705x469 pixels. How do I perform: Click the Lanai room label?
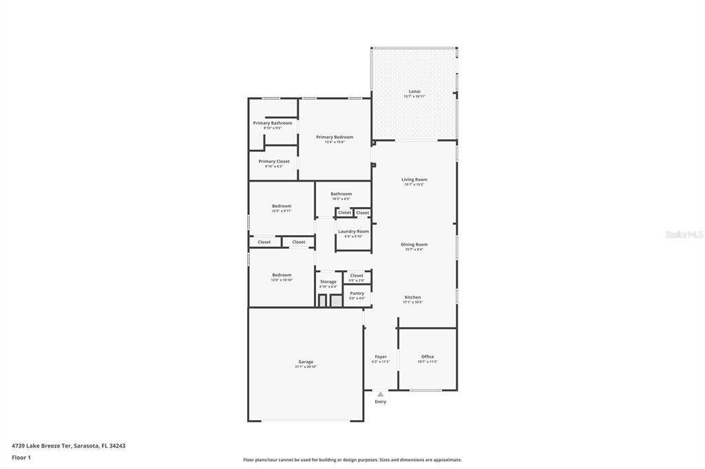point(414,91)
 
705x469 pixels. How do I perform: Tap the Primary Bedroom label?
point(335,137)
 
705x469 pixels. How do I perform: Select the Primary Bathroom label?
point(273,123)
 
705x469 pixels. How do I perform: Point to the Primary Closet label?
point(274,161)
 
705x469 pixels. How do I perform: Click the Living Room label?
point(414,179)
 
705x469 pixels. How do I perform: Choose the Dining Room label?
point(414,244)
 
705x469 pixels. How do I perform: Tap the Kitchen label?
point(412,297)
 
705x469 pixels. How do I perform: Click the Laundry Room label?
point(353,231)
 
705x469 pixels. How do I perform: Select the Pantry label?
point(357,293)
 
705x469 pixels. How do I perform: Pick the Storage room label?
point(328,281)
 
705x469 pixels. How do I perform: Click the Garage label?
point(306,362)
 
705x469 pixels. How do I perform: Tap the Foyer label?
point(381,356)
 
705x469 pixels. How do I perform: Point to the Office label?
point(428,356)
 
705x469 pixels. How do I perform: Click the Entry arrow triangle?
point(381,394)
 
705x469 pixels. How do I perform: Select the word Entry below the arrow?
point(381,402)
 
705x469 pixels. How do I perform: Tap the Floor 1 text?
point(21,457)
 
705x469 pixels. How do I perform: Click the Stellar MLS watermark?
point(684,235)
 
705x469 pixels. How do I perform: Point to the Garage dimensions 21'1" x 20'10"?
point(306,367)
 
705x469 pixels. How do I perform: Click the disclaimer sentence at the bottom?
point(352,460)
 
